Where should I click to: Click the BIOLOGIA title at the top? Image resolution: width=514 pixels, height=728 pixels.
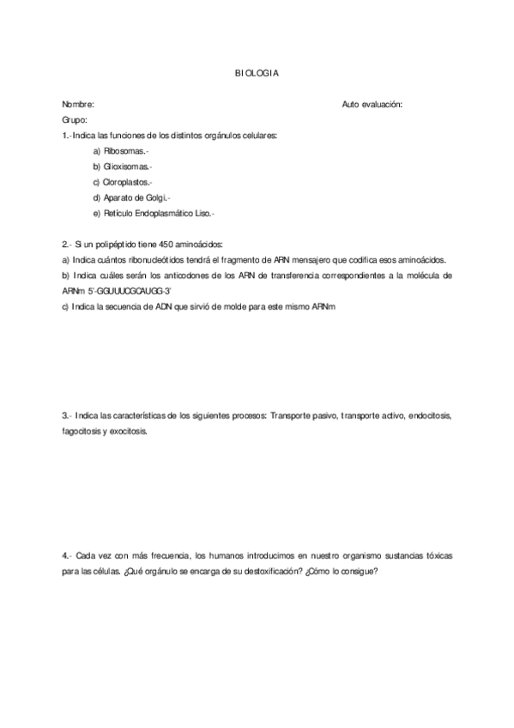point(257,74)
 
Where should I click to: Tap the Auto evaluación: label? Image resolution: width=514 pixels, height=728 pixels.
point(372,104)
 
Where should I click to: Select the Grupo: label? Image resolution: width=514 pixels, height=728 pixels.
point(76,119)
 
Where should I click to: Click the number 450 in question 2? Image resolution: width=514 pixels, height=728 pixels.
point(151,244)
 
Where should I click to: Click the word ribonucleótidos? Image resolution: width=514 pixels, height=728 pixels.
point(177,260)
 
